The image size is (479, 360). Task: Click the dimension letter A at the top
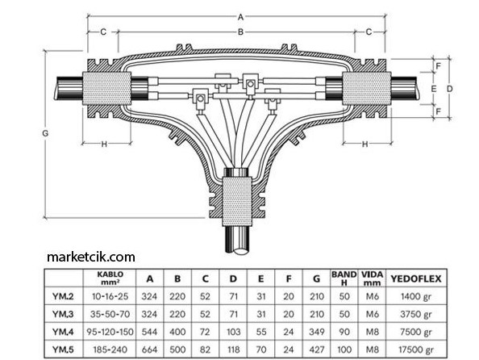(x=241, y=17)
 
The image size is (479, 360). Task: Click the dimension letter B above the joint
(x=241, y=31)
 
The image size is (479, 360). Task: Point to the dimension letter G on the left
(x=45, y=133)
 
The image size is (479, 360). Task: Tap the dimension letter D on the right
(x=449, y=89)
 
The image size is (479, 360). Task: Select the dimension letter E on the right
(x=434, y=89)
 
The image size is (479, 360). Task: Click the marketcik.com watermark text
(x=91, y=257)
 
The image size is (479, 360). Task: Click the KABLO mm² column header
(x=110, y=278)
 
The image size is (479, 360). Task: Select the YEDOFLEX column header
(x=416, y=278)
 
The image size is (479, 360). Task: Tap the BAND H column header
(x=344, y=278)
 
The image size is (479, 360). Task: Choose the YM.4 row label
(x=63, y=332)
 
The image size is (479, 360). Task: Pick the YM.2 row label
(x=63, y=296)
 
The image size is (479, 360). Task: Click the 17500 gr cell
(x=416, y=350)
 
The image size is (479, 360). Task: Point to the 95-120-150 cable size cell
(x=110, y=332)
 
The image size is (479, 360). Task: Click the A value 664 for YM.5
(x=150, y=350)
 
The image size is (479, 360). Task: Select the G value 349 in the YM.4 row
(x=316, y=332)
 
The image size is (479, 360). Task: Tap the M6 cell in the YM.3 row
(x=372, y=314)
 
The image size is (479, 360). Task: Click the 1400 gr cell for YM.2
(x=416, y=296)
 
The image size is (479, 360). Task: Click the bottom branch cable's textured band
(x=237, y=201)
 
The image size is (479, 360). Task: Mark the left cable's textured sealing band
(x=107, y=89)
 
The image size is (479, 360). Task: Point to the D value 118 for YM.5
(x=233, y=350)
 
